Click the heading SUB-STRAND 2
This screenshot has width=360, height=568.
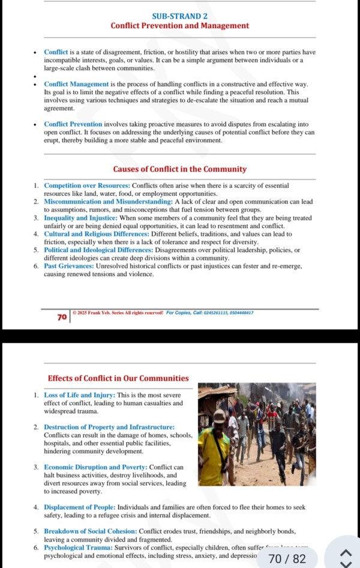click(x=180, y=16)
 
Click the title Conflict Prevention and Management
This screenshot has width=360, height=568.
click(x=180, y=26)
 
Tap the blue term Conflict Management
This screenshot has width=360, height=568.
click(x=76, y=84)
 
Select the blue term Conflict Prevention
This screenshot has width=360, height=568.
click(x=73, y=124)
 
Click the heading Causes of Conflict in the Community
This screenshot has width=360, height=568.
click(x=180, y=169)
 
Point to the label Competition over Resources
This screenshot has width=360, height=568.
click(x=87, y=186)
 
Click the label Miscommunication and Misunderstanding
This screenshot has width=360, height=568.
click(x=108, y=202)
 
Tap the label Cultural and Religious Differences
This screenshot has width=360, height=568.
click(x=100, y=234)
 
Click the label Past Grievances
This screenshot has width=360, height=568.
click(x=68, y=266)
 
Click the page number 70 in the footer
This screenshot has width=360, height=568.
click(x=62, y=317)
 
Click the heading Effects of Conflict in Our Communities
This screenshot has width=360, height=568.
click(x=118, y=378)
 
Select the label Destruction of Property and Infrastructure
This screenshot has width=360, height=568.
click(x=109, y=427)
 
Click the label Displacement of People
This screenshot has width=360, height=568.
click(x=78, y=507)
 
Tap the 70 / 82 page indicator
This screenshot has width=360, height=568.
click(x=287, y=559)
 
